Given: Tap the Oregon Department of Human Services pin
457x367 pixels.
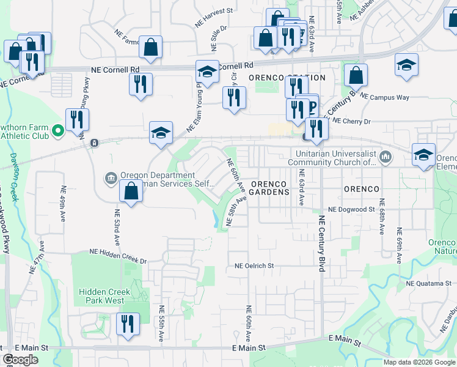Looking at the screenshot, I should coord(111,178).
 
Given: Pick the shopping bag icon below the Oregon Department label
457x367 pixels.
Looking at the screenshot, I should coord(131,192).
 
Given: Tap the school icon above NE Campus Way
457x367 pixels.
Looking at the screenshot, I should coord(406,66).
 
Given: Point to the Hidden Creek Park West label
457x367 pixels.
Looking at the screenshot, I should coord(104,296).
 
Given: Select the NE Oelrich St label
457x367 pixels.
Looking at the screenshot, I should coord(254,266).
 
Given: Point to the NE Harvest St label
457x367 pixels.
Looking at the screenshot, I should coord(214,16).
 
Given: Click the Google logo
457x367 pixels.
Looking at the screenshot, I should coord(20,360).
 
